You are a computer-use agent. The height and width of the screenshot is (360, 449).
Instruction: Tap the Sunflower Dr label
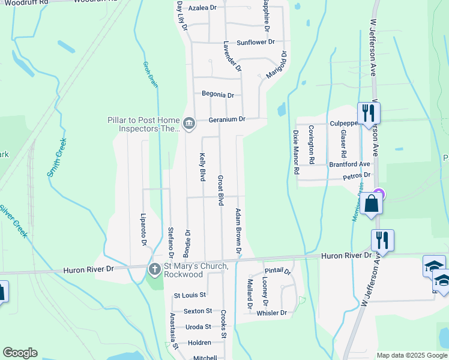click(x=255, y=43)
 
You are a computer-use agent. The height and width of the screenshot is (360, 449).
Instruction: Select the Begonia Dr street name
click(x=217, y=95)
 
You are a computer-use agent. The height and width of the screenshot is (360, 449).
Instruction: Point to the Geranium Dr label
click(x=227, y=119)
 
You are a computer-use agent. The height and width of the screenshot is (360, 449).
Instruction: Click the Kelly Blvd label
click(x=202, y=167)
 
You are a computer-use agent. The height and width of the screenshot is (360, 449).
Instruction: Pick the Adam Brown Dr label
click(x=238, y=230)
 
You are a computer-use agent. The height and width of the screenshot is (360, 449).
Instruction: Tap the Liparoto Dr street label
click(x=143, y=229)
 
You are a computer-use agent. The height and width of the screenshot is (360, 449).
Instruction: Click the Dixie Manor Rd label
click(x=296, y=152)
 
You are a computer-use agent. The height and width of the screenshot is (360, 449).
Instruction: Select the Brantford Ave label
click(x=349, y=164)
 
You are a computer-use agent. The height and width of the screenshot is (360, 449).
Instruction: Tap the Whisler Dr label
click(x=272, y=313)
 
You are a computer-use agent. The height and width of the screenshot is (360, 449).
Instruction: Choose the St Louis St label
click(x=190, y=295)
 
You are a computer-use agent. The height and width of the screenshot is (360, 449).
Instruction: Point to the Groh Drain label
click(x=151, y=74)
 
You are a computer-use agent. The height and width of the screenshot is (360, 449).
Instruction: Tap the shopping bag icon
click(x=372, y=203)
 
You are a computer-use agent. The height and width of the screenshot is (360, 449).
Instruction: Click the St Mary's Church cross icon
click(x=154, y=269)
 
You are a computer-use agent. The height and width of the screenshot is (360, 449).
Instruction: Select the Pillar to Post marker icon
click(x=189, y=124)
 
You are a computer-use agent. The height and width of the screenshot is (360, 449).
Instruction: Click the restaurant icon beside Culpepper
click(x=367, y=112)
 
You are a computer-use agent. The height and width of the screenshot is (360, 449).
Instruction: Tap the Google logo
click(x=20, y=353)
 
